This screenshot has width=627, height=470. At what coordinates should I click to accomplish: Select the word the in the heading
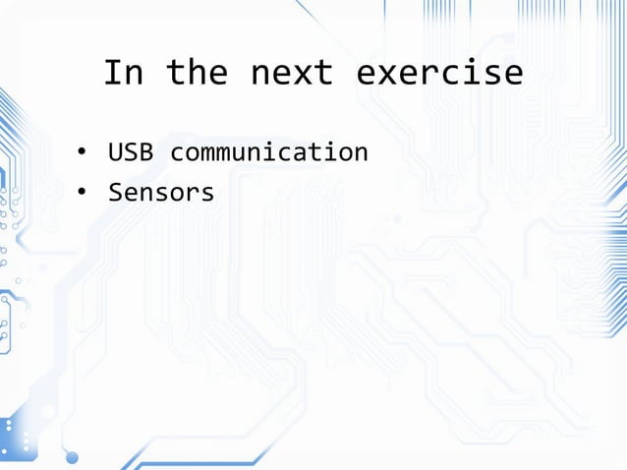coord(197,73)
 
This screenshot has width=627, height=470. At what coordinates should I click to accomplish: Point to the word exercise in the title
coord(438,73)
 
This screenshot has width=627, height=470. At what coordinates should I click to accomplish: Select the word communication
coord(269,153)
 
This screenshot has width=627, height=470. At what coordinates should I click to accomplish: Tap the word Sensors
coord(161,193)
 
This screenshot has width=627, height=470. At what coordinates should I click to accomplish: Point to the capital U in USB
coord(114,153)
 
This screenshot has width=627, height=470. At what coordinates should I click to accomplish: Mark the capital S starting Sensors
coord(114,193)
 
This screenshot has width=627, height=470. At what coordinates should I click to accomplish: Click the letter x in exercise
coord(386,73)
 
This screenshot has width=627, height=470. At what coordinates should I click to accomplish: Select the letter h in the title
coord(197,73)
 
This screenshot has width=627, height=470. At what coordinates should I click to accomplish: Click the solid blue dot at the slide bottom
coord(71,456)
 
